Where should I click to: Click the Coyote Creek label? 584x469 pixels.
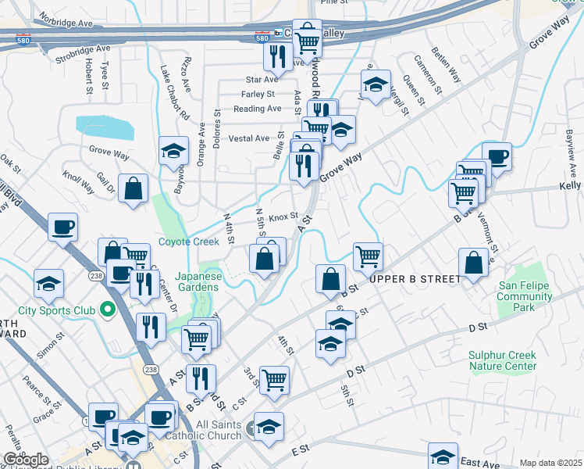click(x=189, y=242)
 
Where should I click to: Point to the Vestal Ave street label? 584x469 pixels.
click(x=248, y=138)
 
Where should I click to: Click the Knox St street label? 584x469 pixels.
click(x=283, y=217)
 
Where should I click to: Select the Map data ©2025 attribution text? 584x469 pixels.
click(x=550, y=463)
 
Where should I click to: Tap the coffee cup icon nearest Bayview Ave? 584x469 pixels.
click(x=496, y=156)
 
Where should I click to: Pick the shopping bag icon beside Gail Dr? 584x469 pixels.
click(x=134, y=188)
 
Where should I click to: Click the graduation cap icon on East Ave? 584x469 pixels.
click(x=443, y=456)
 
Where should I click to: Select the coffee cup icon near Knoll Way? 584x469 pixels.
click(x=62, y=227)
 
